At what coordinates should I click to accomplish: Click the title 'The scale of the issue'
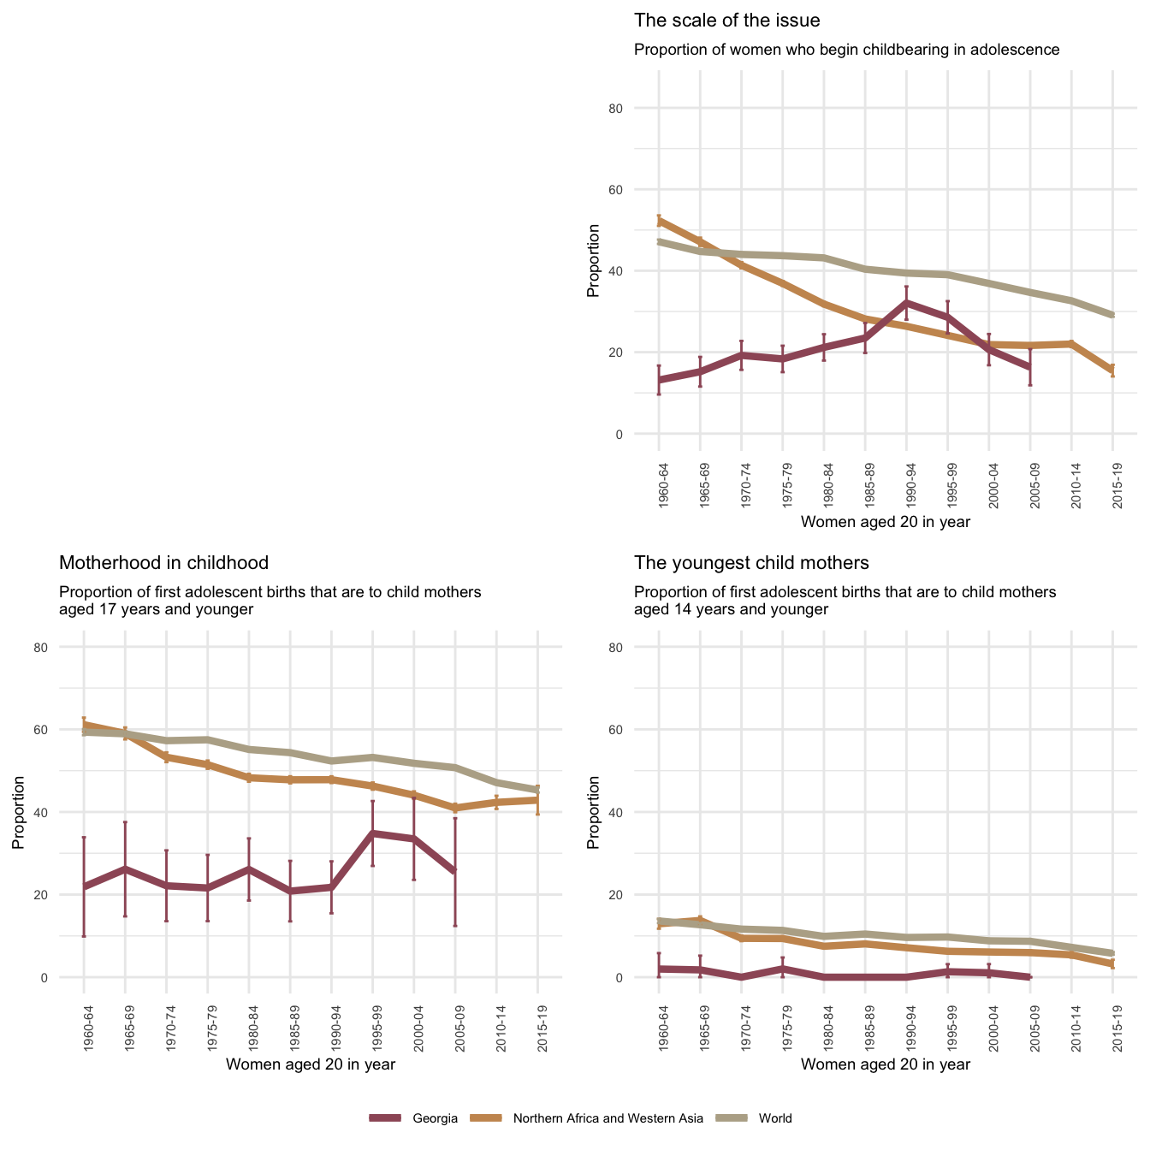tap(726, 21)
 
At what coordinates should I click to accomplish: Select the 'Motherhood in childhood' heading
tap(163, 563)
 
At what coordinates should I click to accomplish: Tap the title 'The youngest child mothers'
tap(751, 563)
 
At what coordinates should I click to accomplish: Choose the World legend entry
tap(775, 1117)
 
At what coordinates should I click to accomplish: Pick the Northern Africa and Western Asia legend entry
tap(608, 1117)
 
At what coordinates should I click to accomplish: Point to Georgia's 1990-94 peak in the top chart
tap(906, 302)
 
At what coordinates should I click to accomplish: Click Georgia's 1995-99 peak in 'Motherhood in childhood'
tap(372, 833)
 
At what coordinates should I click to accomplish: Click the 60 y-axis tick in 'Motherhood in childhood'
tap(64, 730)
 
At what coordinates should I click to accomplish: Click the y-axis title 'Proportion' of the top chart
tap(593, 261)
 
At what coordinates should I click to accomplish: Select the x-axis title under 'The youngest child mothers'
tap(886, 1064)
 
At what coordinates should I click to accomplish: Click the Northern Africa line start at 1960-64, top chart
tap(659, 221)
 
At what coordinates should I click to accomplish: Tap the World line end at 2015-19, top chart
tap(1112, 316)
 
